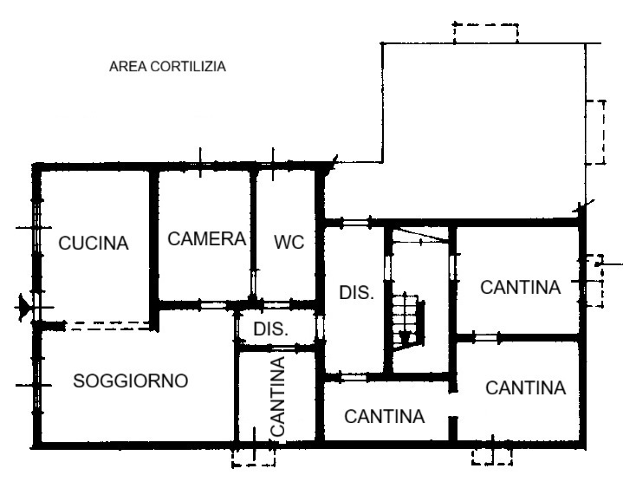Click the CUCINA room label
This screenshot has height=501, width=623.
93,244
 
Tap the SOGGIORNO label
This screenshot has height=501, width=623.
131,381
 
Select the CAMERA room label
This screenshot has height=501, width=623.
207,238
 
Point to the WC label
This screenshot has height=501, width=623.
289,243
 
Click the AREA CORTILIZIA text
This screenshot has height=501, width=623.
167,66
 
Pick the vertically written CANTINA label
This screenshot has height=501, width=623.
278,395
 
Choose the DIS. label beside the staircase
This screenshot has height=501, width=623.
356,293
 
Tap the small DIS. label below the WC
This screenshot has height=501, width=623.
270,329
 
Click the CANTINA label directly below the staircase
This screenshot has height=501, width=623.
385,416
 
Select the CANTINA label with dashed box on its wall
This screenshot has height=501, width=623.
520,287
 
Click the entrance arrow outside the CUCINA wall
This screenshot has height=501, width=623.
23,306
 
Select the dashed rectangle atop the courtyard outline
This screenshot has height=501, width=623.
485,33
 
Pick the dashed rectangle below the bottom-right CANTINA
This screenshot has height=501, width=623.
492,456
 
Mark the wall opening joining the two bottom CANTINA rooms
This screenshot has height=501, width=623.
452,406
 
